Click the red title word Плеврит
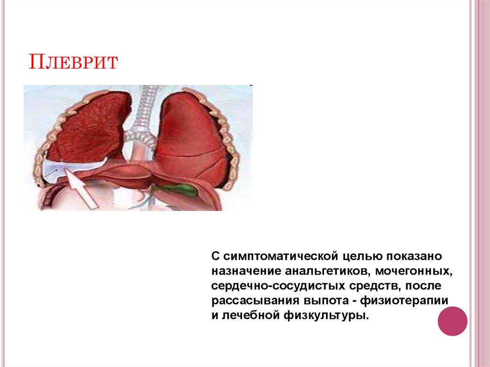point(73,62)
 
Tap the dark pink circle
point(452,321)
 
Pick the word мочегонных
point(414,271)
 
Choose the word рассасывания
point(255,300)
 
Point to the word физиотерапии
point(404,300)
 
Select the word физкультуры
point(326,315)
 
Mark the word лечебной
point(250,315)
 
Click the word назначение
point(246,271)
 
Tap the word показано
point(414,256)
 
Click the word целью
point(363,256)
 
